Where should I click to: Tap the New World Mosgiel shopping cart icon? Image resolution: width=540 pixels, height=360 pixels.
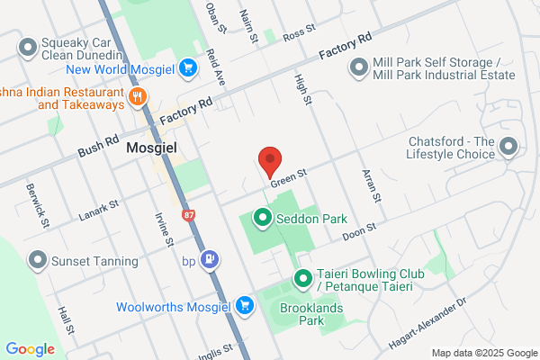[x=188, y=67]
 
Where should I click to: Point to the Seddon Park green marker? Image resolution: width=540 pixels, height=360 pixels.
[x=263, y=217]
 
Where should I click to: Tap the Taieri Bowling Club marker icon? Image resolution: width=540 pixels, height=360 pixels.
[x=303, y=279]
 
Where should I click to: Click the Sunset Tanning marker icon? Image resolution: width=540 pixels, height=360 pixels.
[x=38, y=261]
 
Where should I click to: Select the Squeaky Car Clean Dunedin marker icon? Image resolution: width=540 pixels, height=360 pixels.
[x=28, y=46]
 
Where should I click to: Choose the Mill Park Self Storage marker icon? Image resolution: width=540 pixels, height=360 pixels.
[x=359, y=67]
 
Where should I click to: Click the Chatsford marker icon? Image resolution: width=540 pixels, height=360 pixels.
[x=509, y=145]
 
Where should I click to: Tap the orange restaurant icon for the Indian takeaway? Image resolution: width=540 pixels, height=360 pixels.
[x=138, y=97]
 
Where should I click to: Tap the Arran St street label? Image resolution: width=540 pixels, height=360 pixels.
[x=371, y=185]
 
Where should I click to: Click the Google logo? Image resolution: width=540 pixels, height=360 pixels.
[x=30, y=349]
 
